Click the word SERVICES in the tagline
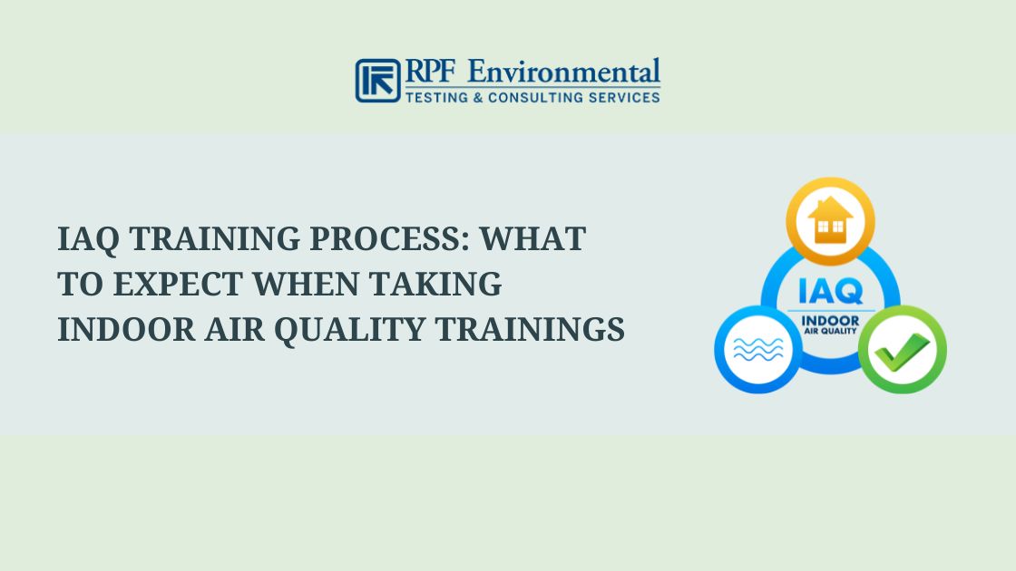click(627, 97)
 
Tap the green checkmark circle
click(902, 349)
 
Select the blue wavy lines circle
click(757, 349)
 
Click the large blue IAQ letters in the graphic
click(830, 293)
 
